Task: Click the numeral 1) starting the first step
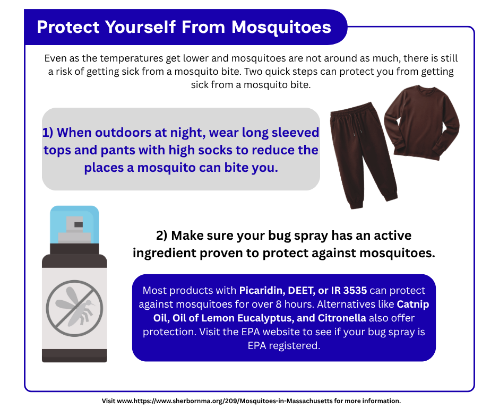tap(48, 132)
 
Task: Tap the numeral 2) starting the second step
tap(162, 235)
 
